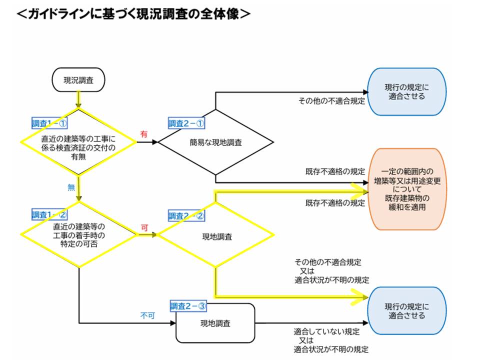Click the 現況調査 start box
coord(78,80)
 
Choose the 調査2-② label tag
coord(186,216)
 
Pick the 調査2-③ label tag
coord(188,306)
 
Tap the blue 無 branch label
coord(71,187)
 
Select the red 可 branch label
coord(144,227)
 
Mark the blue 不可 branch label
coord(146,316)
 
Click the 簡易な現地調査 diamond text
coord(216,142)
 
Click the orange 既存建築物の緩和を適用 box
coord(407,189)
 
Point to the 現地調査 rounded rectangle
coord(215,323)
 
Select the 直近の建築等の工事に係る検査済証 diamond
coord(78,142)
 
